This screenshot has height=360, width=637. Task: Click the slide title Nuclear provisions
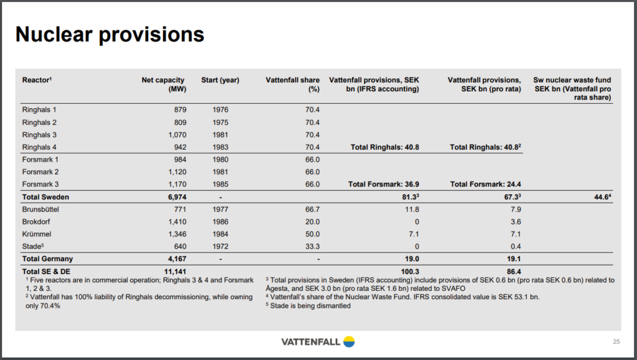(109, 34)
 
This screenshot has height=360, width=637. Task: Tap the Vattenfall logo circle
(348, 342)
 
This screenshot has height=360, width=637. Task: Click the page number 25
(616, 342)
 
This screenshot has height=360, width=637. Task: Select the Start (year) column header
(220, 80)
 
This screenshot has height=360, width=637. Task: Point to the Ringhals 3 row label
(39, 135)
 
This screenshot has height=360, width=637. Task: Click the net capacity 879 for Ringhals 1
(180, 109)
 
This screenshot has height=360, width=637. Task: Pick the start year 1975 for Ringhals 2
(220, 122)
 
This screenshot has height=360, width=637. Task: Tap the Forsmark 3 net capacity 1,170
(177, 184)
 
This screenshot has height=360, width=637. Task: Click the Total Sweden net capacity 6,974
(177, 197)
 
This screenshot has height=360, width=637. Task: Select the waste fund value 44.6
(602, 197)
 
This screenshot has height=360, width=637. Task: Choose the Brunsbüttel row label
(40, 210)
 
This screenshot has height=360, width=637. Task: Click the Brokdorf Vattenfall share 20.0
(312, 221)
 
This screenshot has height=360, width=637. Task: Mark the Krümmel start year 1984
(220, 234)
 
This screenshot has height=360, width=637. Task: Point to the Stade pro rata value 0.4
(516, 246)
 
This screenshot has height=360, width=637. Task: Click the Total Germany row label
(47, 259)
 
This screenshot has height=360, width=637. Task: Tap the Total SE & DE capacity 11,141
(175, 272)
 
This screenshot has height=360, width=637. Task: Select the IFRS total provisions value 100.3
(410, 272)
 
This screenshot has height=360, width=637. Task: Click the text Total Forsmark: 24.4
(485, 184)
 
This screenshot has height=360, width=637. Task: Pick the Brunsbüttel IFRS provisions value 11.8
(412, 210)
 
